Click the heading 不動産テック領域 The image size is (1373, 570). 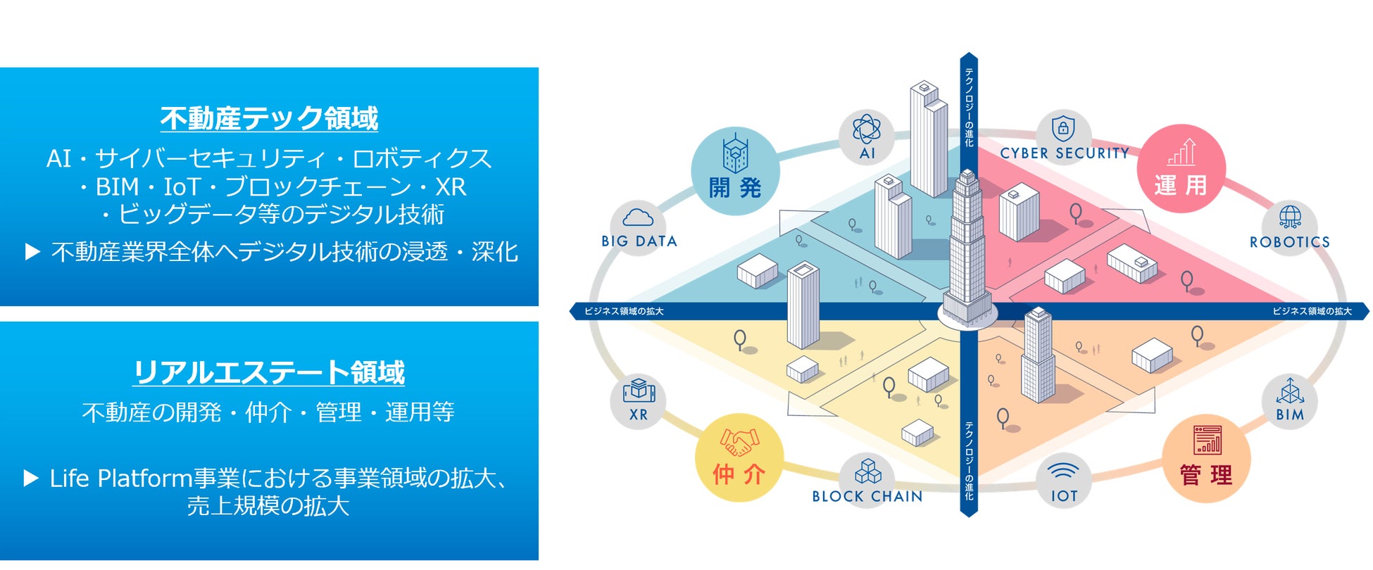pos(269,118)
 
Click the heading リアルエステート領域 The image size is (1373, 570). pos(269,372)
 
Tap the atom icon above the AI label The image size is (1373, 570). pos(867,129)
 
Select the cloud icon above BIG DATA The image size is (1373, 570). pos(638,217)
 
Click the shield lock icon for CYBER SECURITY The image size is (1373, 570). pos(1062,129)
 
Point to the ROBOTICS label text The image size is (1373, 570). pos(1289,242)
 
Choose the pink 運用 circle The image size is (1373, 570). pos(1181,169)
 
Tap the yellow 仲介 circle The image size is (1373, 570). pos(739,458)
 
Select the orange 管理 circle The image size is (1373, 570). pos(1206,458)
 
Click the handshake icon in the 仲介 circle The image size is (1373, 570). pos(739,443)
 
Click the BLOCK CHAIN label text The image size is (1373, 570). pos(867,496)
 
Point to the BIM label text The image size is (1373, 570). pos(1290,414)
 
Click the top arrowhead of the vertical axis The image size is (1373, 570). pos(969,58)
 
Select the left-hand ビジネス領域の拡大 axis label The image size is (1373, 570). pos(624,311)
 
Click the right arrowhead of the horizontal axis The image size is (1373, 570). pos(1365,311)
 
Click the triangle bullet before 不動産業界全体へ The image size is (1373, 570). pos(32,252)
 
